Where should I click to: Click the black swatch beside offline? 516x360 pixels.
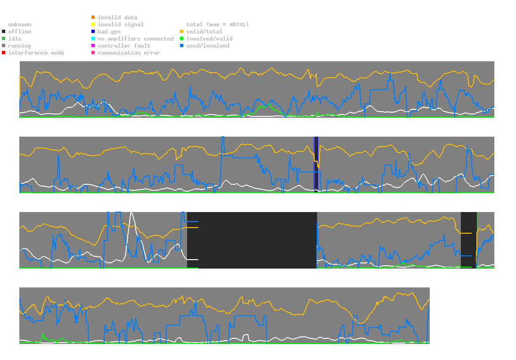[x=4, y=32]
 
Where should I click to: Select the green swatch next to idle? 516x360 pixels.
[x=4, y=39]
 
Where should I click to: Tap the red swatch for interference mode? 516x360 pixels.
[x=4, y=53]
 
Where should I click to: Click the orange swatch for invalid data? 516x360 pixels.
[x=93, y=17]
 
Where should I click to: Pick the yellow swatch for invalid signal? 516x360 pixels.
[x=93, y=25]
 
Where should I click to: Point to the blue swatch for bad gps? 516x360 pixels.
[x=93, y=32]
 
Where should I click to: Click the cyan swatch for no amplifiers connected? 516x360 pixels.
[x=93, y=39]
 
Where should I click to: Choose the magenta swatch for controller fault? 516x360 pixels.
[x=93, y=46]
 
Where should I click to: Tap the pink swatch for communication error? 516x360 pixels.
[x=93, y=53]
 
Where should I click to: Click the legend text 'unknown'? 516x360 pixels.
[x=20, y=25]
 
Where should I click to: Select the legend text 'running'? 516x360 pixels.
[x=20, y=46]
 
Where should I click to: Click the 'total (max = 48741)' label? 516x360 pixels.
[x=218, y=25]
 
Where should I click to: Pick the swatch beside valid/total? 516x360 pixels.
[x=181, y=32]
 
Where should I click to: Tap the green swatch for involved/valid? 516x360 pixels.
[x=181, y=39]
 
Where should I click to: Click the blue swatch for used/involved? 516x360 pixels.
[x=181, y=46]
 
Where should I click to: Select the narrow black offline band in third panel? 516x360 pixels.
[x=468, y=240]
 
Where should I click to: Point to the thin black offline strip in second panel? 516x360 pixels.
[x=316, y=164]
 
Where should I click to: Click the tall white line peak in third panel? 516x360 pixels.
[x=131, y=213]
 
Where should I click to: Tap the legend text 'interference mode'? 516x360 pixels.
[x=36, y=53]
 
